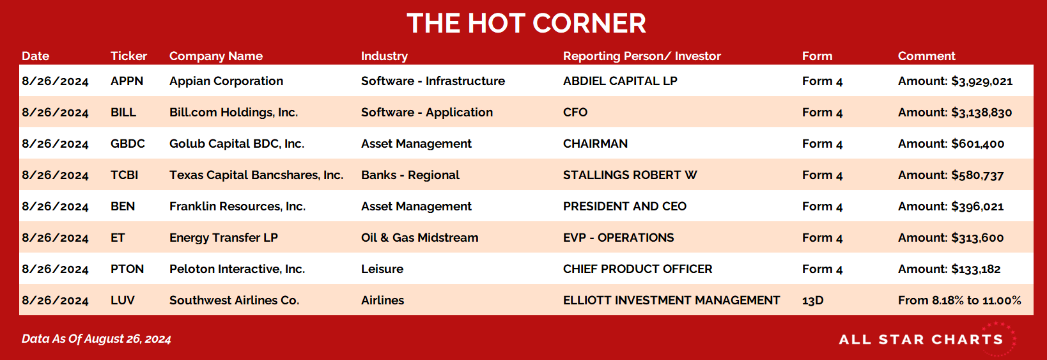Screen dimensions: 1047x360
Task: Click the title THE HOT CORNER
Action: click(526, 24)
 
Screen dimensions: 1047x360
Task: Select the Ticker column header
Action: click(128, 56)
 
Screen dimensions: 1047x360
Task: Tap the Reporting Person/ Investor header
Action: click(642, 56)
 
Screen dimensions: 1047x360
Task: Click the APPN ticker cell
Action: click(127, 81)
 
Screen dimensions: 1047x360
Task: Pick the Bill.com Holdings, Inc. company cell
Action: click(233, 112)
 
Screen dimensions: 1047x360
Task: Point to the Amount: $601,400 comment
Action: click(950, 144)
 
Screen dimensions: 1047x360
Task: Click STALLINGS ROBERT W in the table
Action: click(630, 175)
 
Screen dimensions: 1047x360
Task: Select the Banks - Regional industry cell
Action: click(410, 175)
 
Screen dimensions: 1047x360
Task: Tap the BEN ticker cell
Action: click(123, 206)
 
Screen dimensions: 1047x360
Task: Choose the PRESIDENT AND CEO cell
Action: click(624, 206)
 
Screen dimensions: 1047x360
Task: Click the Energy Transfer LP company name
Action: click(224, 238)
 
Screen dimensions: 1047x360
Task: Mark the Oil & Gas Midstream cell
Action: click(419, 237)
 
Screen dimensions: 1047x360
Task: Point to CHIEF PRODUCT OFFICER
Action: click(637, 269)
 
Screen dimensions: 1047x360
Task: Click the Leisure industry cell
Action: click(382, 269)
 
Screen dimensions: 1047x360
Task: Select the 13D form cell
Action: click(812, 300)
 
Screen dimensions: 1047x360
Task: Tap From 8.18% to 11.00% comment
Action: click(959, 300)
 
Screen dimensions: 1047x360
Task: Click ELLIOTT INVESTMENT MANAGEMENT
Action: click(671, 300)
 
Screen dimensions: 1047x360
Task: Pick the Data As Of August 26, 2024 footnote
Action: click(97, 339)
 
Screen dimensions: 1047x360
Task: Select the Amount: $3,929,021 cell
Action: click(955, 81)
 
